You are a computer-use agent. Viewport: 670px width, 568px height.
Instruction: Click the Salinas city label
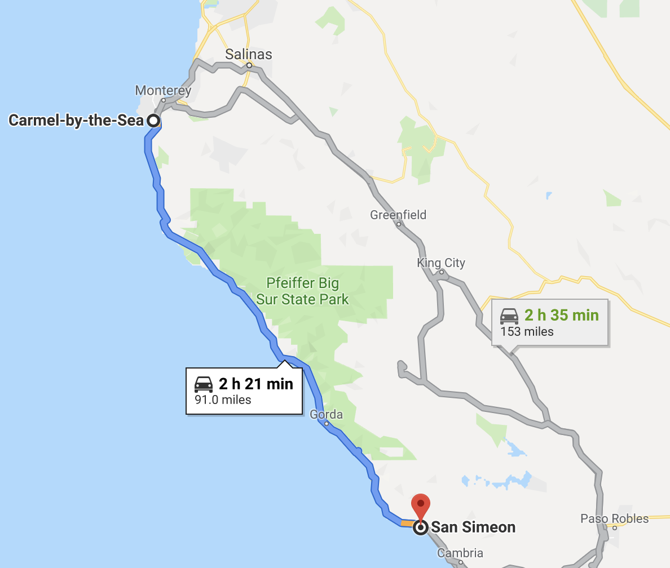point(248,55)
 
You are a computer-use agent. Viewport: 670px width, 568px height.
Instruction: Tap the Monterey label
point(163,90)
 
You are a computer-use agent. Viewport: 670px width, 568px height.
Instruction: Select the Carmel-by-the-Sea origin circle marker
point(153,120)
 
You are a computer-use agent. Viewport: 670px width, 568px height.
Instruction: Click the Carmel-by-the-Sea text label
point(76,120)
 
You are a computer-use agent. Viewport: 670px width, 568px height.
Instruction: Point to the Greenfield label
point(398,215)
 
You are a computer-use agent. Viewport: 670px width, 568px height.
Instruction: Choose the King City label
point(441,263)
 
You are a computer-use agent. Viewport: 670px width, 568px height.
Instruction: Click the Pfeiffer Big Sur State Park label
point(303,291)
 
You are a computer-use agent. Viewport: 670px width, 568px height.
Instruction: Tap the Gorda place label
point(326,415)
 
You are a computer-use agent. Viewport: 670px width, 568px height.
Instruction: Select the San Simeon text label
point(473,527)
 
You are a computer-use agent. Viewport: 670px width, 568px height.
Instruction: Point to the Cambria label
point(460,553)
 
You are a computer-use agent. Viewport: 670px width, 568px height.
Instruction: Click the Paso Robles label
point(615,518)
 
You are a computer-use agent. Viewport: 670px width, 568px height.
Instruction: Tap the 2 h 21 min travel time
point(256,384)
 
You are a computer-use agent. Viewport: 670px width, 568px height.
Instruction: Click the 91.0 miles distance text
point(223,400)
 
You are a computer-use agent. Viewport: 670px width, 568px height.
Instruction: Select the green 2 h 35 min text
point(561,315)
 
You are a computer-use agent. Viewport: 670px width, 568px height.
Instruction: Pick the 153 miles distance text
point(527,331)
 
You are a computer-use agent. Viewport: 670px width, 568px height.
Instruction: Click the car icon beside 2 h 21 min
point(204,384)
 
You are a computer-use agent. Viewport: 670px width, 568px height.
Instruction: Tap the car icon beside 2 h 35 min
point(509,315)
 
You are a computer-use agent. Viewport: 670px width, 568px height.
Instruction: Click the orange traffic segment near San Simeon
point(407,523)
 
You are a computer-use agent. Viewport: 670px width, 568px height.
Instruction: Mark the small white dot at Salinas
point(249,65)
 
